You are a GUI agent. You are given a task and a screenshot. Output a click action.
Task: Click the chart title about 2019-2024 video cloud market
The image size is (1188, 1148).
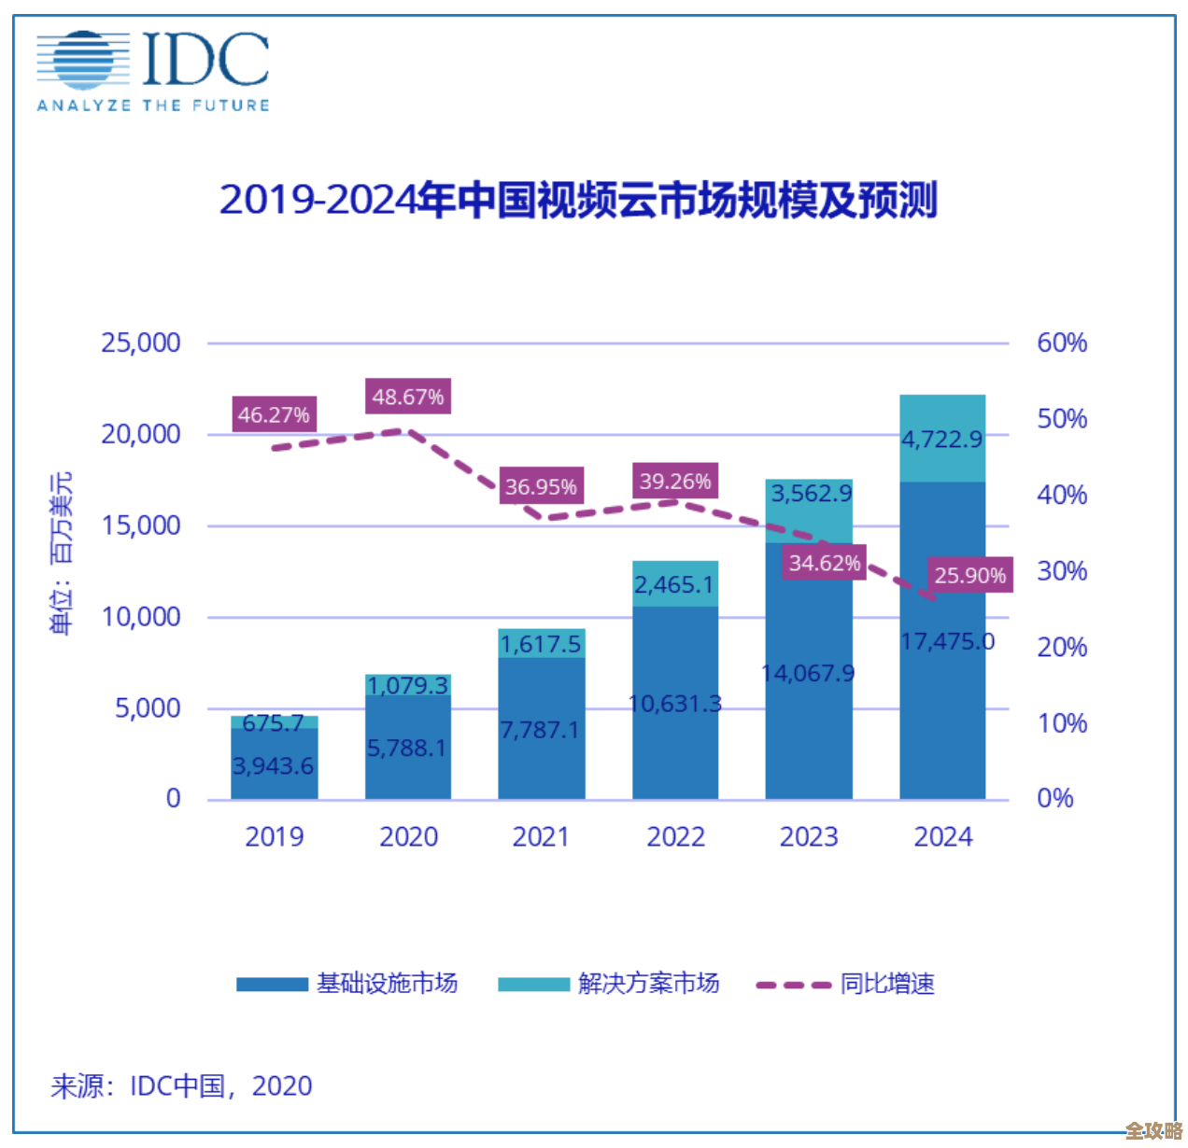click(x=578, y=200)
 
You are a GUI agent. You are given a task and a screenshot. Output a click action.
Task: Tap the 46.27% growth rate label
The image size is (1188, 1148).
click(x=274, y=414)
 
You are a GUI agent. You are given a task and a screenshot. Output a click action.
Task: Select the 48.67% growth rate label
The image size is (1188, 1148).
click(x=407, y=397)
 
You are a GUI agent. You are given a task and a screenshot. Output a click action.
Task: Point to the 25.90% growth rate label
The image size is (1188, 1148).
click(x=969, y=575)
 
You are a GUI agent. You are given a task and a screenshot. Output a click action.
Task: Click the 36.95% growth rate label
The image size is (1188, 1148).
click(x=541, y=486)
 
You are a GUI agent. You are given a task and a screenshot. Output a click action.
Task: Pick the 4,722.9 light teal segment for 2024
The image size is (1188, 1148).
click(x=942, y=439)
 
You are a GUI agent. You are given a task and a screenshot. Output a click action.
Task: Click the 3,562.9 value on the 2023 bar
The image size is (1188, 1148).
click(x=811, y=493)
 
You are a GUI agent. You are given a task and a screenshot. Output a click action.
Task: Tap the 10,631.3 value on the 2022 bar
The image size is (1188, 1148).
click(x=675, y=703)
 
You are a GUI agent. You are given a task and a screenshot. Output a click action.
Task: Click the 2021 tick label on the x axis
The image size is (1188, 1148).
click(x=541, y=836)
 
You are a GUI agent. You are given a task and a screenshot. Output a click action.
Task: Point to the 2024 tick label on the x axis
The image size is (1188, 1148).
click(x=942, y=836)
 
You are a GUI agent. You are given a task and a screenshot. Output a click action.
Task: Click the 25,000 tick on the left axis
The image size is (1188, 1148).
click(x=141, y=343)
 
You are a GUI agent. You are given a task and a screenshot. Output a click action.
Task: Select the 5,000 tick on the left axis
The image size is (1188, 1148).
click(x=148, y=708)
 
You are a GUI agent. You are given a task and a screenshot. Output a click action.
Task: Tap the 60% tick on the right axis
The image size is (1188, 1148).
click(x=1062, y=343)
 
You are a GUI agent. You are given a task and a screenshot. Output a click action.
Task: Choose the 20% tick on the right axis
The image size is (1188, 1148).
click(x=1062, y=647)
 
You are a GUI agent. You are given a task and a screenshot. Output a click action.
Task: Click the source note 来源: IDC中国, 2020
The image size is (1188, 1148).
click(x=181, y=1085)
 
